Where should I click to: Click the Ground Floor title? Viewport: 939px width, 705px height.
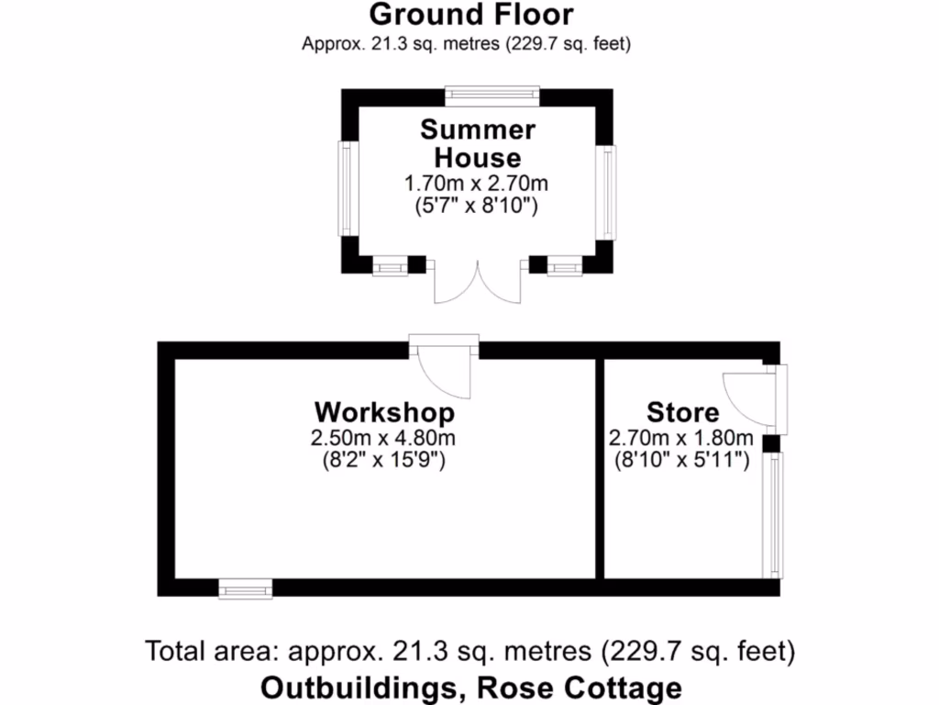(x=471, y=16)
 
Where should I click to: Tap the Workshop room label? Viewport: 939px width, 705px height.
(x=384, y=411)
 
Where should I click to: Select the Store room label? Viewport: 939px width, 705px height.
(x=683, y=411)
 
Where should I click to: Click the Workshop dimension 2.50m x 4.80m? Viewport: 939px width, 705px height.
(x=384, y=438)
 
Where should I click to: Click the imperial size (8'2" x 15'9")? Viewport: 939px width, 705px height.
(x=384, y=460)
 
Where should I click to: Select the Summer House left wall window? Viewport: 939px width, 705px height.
(x=347, y=187)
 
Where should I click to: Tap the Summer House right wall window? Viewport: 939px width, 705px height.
(x=608, y=193)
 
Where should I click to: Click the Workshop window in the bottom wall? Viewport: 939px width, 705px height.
(x=246, y=588)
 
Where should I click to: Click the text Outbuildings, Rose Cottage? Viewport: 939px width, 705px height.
(x=471, y=687)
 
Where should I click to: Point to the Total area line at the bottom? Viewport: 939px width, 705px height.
(x=469, y=652)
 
